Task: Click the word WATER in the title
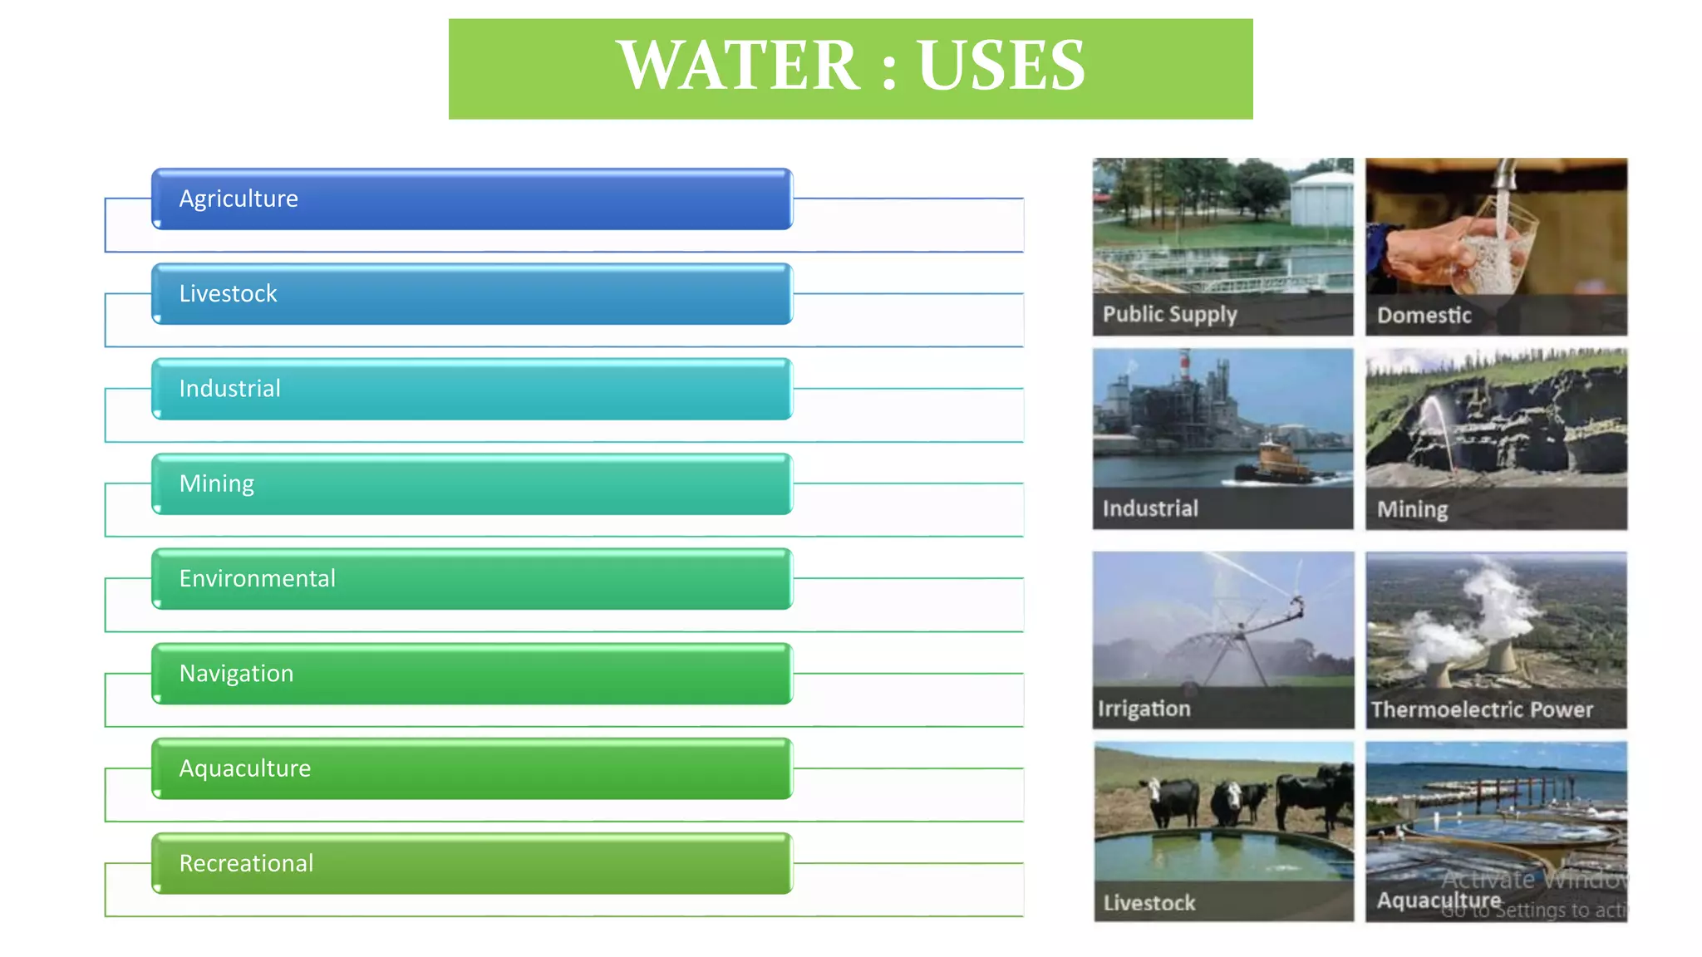pos(738,66)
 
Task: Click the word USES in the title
pos(1001,66)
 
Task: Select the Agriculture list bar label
pos(239,199)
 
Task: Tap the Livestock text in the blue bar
pos(228,293)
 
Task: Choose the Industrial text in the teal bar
pos(229,388)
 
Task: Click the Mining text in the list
pos(217,483)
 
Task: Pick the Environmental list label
pos(257,578)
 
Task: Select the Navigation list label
pos(236,673)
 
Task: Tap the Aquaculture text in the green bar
pos(244,768)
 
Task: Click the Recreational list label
pos(246,863)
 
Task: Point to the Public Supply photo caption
pos(1169,314)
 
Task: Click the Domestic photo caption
pos(1424,316)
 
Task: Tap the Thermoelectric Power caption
pos(1482,709)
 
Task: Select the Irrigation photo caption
pos(1144,709)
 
